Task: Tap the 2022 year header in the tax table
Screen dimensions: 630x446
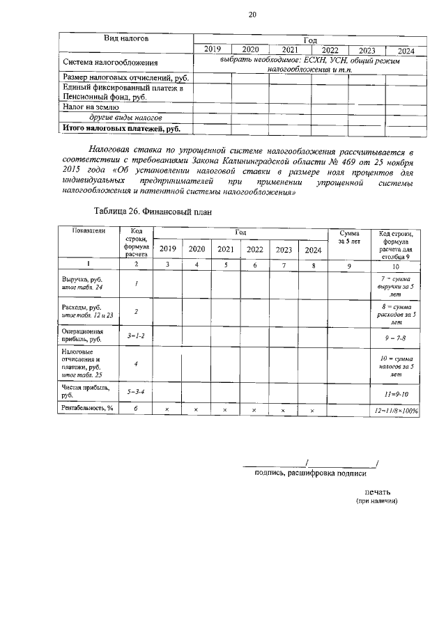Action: (330, 50)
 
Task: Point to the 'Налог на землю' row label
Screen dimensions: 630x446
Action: (91, 108)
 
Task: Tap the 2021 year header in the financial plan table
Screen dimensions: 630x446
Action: (225, 249)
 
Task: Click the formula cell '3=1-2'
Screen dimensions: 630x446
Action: (137, 336)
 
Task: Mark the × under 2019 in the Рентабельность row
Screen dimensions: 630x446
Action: (167, 410)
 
